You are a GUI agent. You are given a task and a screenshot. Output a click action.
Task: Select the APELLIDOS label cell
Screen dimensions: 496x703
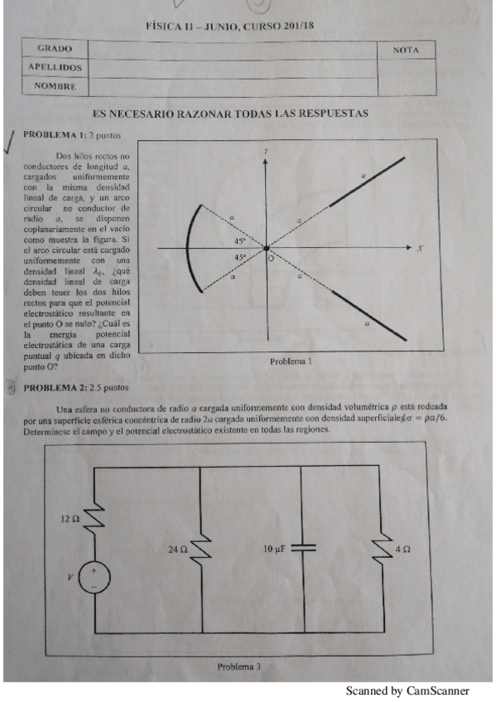55,67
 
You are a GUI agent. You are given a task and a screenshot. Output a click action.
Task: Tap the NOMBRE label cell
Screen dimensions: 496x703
55,85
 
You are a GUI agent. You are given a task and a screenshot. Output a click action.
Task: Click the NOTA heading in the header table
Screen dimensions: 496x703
406,51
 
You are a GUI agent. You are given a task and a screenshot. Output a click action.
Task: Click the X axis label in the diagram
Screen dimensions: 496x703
421,248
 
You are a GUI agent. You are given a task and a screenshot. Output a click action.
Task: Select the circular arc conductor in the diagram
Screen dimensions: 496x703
186,247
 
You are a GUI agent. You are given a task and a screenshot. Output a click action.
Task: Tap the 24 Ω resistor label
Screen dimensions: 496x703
178,549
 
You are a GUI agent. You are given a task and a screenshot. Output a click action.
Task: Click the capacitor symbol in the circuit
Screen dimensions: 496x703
303,548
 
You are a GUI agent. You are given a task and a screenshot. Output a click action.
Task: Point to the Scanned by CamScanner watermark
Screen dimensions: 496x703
407,691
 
